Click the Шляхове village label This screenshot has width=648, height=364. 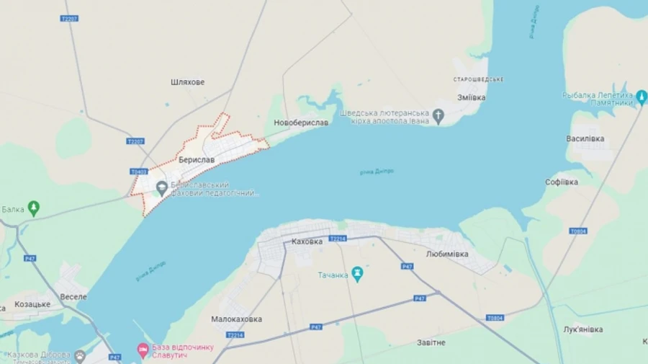click(188, 82)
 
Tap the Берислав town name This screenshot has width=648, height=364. click(197, 160)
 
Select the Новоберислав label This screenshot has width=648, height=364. click(301, 123)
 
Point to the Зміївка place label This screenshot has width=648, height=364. click(472, 97)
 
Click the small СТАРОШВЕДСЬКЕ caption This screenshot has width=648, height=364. click(477, 79)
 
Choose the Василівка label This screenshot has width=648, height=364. click(585, 138)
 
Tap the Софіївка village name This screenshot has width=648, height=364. click(562, 182)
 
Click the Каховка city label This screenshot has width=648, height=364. click(307, 241)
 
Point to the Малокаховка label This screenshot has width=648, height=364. click(237, 319)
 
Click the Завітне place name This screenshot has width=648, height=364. click(431, 342)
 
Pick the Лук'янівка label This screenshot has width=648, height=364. click(583, 329)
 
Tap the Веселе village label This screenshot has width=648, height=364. click(73, 297)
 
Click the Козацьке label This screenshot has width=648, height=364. click(32, 304)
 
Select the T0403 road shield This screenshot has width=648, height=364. click(139, 172)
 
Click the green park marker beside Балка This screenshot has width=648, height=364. click(33, 209)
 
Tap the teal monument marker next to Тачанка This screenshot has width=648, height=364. click(356, 274)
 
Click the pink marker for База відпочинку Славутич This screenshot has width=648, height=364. click(143, 350)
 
